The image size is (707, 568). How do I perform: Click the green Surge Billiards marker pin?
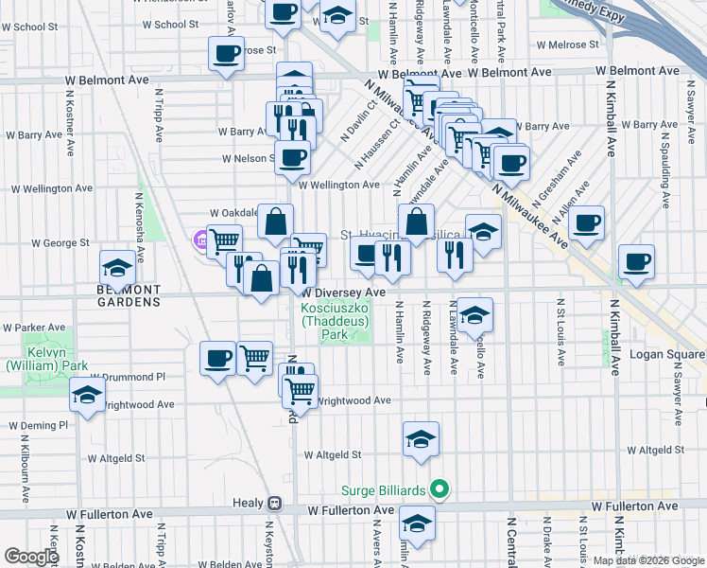pos(438,490)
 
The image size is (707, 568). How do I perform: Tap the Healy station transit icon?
pos(274,503)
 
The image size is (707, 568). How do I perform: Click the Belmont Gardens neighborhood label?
pos(128,295)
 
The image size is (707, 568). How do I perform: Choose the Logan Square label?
pos(668,355)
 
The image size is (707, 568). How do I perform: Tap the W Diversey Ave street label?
pos(343,293)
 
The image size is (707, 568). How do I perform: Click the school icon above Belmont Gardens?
pos(118,266)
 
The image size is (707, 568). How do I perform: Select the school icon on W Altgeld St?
pos(421,437)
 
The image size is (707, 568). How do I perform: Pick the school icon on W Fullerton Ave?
pos(417,522)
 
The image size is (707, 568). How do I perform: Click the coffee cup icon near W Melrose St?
pos(226,53)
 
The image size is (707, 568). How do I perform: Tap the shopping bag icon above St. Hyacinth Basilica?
pos(416,222)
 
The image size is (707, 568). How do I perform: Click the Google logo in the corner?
pos(31,556)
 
